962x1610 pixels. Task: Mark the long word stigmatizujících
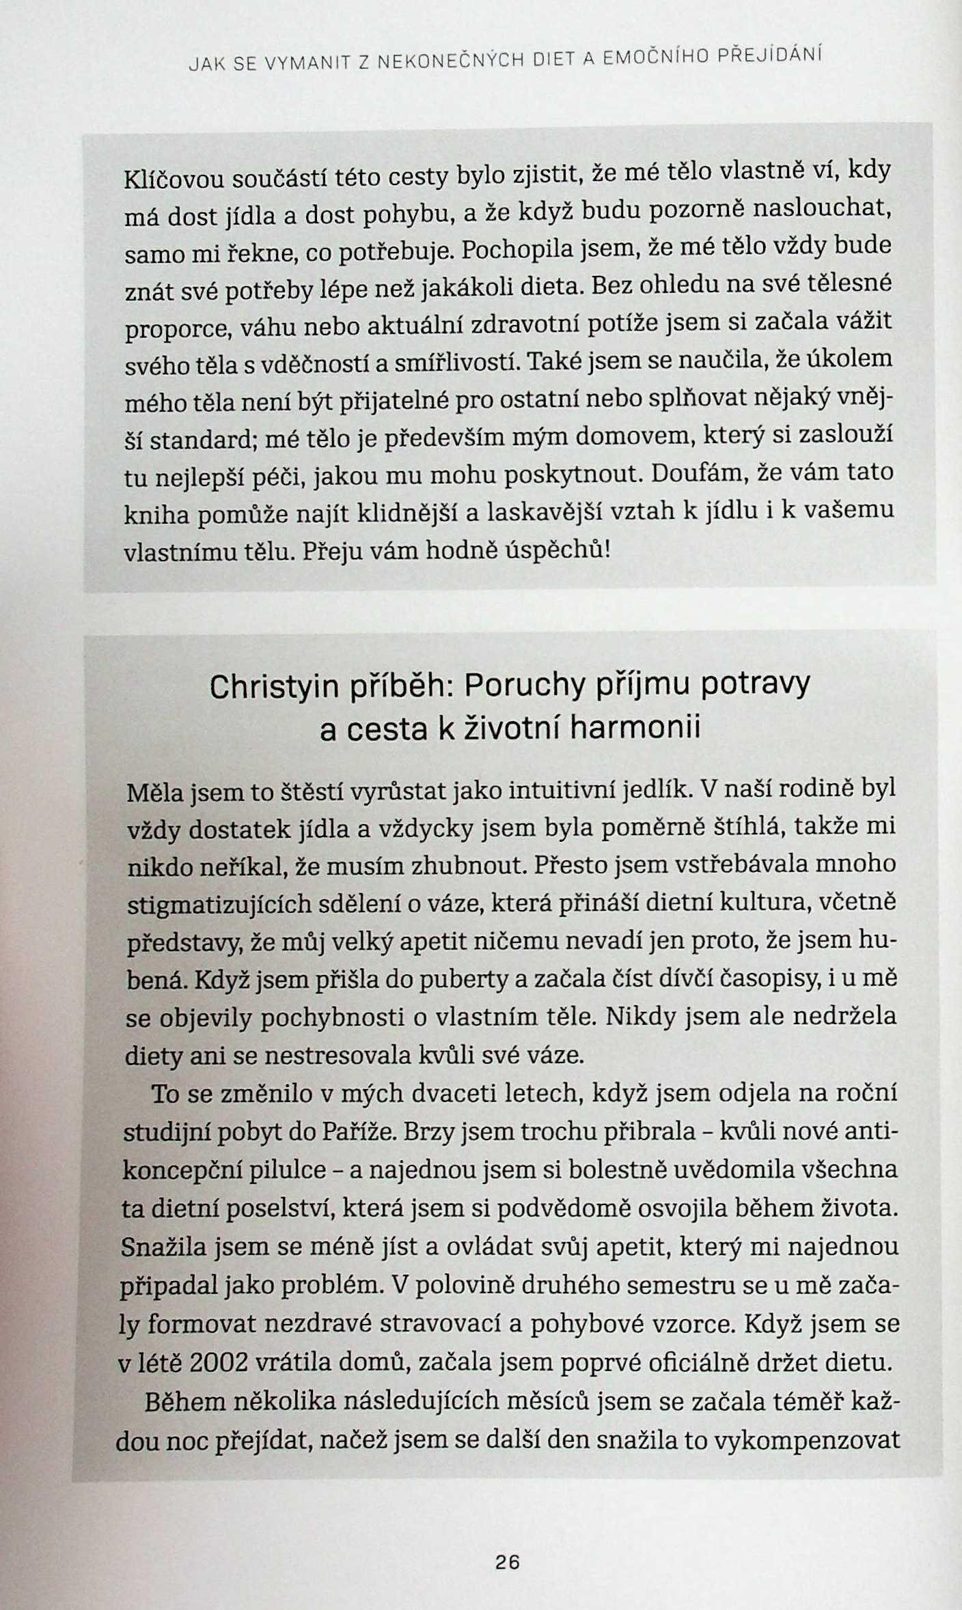coord(216,904)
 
